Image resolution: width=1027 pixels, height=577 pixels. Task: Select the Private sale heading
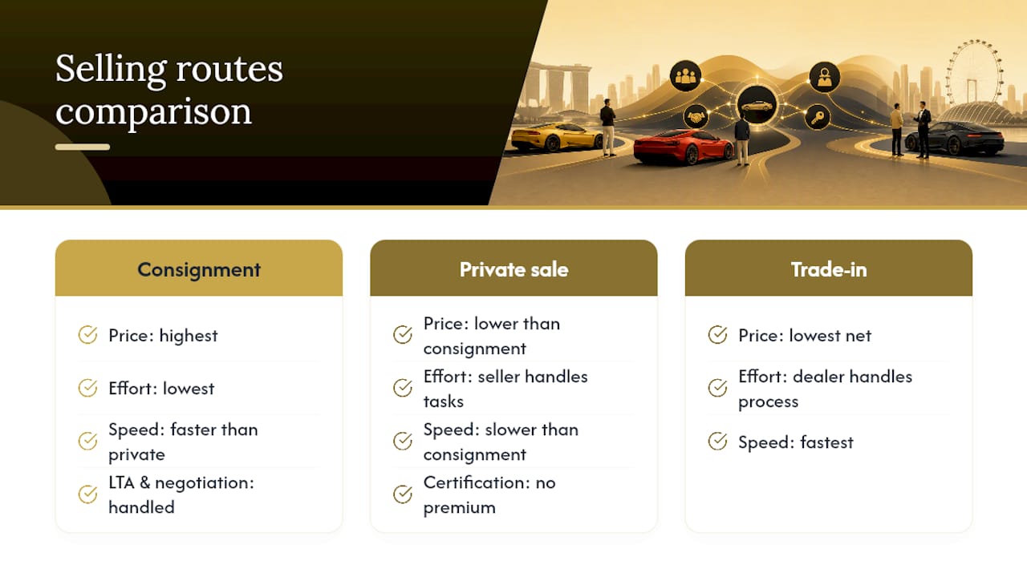(x=514, y=270)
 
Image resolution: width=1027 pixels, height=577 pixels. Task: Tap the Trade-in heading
(x=829, y=270)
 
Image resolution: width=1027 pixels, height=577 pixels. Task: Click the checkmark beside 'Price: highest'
(x=87, y=335)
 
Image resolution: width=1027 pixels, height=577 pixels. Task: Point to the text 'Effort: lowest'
(x=161, y=389)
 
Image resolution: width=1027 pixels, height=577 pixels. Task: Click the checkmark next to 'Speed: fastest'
(x=717, y=442)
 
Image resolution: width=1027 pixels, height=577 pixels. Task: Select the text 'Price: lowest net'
(x=805, y=336)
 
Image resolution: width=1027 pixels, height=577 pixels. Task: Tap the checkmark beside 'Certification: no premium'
(x=403, y=494)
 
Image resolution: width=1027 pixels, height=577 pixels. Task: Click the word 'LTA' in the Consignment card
(x=121, y=482)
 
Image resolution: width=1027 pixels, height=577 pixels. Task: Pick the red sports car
(x=683, y=147)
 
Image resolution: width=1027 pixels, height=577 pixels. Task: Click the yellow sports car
(x=557, y=136)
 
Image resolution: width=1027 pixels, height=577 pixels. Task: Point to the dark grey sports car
(x=955, y=139)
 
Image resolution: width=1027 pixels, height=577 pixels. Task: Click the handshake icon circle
(x=696, y=117)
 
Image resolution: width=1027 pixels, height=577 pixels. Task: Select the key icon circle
(x=818, y=117)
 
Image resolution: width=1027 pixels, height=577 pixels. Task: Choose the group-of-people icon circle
(x=685, y=76)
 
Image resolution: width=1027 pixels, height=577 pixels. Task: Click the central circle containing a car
(x=757, y=105)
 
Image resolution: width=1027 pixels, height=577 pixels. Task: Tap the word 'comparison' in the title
(x=153, y=111)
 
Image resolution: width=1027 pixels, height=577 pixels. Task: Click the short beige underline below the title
(x=83, y=147)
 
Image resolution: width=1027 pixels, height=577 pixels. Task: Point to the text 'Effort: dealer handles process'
(x=826, y=389)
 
